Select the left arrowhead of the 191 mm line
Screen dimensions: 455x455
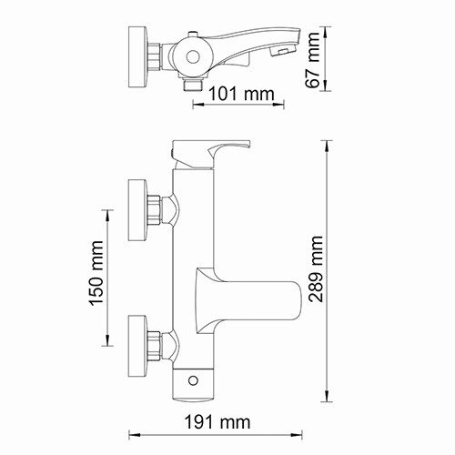[x=130, y=435]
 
